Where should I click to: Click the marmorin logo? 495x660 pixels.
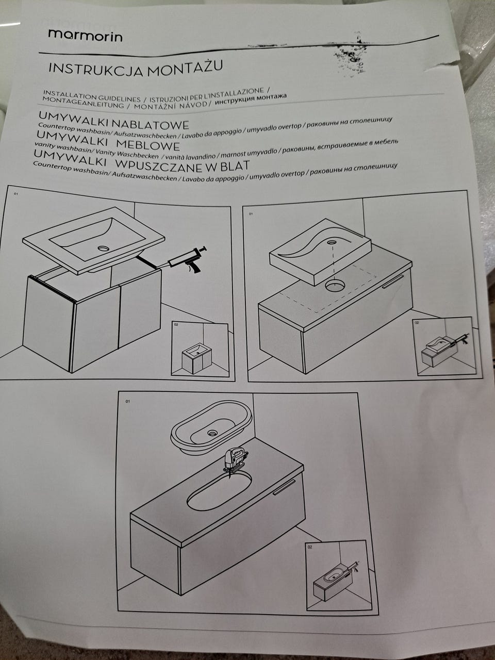(x=86, y=36)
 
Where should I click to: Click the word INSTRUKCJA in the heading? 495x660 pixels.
(x=96, y=70)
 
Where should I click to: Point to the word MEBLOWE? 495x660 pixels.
(x=148, y=145)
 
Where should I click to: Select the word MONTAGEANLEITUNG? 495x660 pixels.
(x=83, y=103)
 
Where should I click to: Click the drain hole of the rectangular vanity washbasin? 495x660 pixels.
(x=104, y=249)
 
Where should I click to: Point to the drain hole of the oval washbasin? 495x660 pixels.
(x=213, y=433)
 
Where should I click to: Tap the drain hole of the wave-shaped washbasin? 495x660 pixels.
(x=333, y=242)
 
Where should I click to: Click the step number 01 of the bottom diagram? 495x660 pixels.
(x=127, y=401)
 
